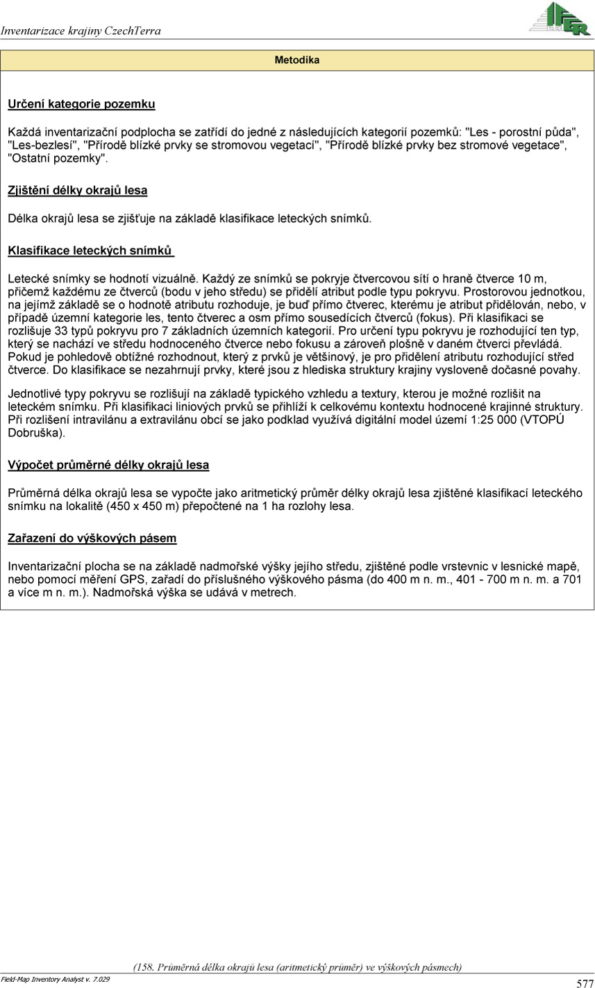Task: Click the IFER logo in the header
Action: [x=560, y=19]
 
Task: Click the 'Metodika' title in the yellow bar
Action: [x=297, y=60]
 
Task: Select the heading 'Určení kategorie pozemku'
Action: [x=81, y=104]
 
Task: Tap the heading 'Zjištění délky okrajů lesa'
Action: [x=77, y=189]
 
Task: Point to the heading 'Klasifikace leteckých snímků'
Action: [x=90, y=249]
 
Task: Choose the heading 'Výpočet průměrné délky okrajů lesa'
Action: [x=108, y=465]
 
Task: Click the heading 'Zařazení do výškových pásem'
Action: [x=92, y=538]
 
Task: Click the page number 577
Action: [x=584, y=982]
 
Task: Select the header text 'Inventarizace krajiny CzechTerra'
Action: [x=81, y=31]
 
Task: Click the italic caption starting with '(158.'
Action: [x=297, y=966]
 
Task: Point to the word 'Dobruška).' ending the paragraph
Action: [x=36, y=433]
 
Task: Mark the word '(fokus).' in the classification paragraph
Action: [x=435, y=318]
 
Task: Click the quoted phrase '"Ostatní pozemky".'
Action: [x=58, y=158]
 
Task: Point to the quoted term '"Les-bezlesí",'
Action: [x=43, y=145]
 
